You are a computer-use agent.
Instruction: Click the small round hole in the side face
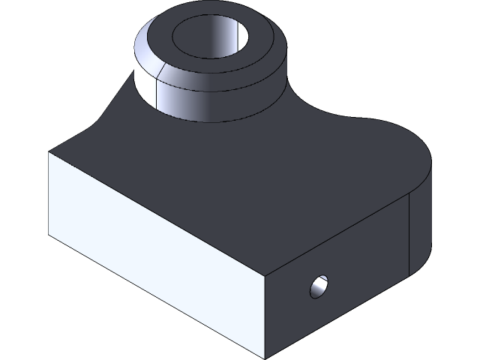coord(319,286)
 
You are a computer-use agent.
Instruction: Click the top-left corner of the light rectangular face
coord(49,152)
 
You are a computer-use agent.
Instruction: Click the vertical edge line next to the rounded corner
coord(409,232)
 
